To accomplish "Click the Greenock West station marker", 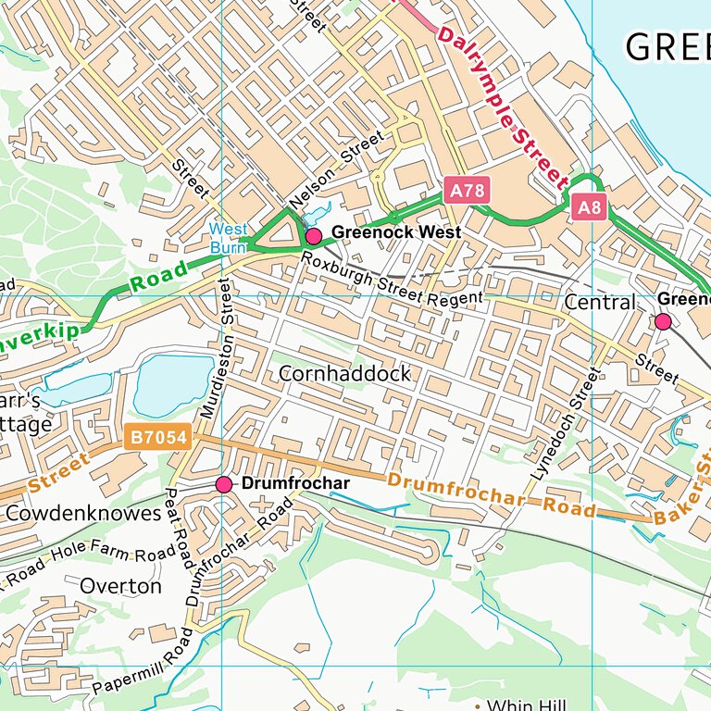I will point(313,236).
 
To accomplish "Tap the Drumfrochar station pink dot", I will point(223,484).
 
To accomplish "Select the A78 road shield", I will point(465,191).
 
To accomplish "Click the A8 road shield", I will point(589,207).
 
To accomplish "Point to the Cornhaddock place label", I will point(345,374).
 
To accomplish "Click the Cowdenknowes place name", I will point(83,513).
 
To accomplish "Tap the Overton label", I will point(121,586).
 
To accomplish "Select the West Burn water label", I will point(227,238).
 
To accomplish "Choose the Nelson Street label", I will point(336,170).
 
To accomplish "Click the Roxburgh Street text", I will point(362,282).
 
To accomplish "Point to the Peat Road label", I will point(178,529).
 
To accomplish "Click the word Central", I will point(600,303).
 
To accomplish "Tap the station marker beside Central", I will point(663,321).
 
